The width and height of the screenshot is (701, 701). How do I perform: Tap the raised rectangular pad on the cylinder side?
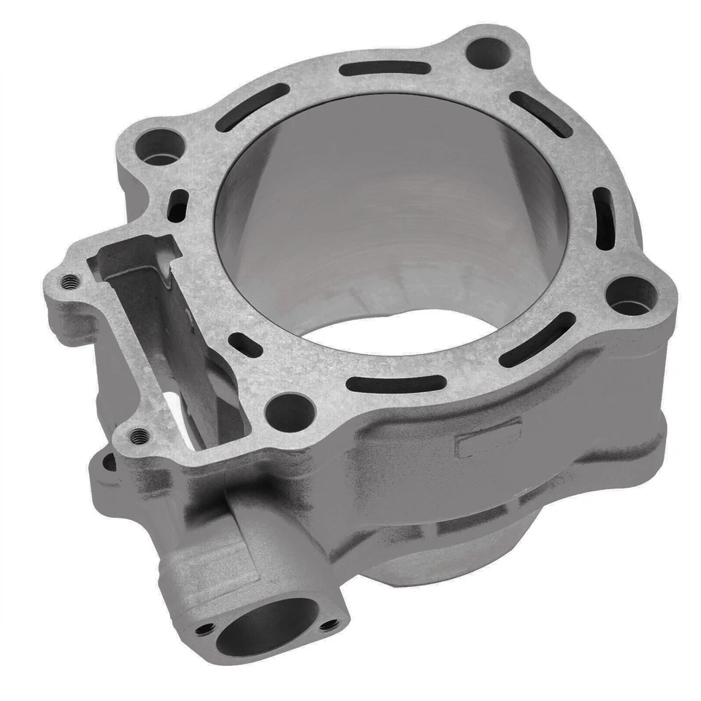489,437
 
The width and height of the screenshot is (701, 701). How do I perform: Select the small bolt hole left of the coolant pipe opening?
207,627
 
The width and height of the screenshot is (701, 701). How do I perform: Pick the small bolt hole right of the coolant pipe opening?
330,624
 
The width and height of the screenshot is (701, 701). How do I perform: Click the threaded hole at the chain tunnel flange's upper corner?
70,283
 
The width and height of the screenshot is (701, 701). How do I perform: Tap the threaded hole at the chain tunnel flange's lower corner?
139,436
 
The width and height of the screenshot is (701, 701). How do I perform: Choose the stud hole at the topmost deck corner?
487,53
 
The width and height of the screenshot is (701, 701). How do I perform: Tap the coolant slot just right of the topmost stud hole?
541,113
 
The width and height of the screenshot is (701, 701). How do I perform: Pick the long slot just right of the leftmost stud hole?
253,107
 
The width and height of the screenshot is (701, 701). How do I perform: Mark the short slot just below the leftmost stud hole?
177,205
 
